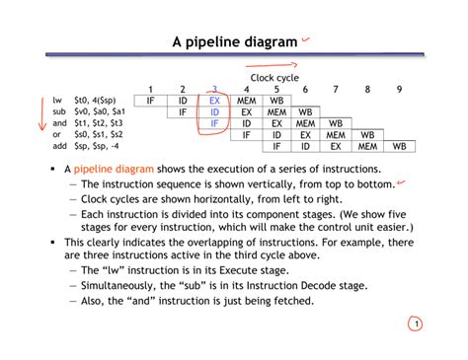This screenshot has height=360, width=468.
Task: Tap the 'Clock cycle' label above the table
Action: pyautogui.click(x=274, y=77)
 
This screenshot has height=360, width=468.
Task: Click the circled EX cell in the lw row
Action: pyautogui.click(x=215, y=101)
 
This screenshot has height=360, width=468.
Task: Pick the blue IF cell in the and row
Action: pyautogui.click(x=215, y=123)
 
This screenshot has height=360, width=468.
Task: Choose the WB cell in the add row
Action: pyautogui.click(x=399, y=146)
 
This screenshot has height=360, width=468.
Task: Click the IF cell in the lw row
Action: pyautogui.click(x=151, y=101)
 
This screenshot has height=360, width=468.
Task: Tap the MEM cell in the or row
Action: pyautogui.click(x=336, y=135)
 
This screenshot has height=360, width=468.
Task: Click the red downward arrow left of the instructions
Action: pyautogui.click(x=40, y=112)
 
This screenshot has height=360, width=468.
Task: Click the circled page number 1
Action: pyautogui.click(x=417, y=325)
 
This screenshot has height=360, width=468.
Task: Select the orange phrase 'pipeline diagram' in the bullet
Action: pyautogui.click(x=114, y=170)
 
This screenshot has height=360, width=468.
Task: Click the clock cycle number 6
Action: pyautogui.click(x=306, y=90)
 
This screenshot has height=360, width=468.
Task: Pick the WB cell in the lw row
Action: pyautogui.click(x=276, y=101)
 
